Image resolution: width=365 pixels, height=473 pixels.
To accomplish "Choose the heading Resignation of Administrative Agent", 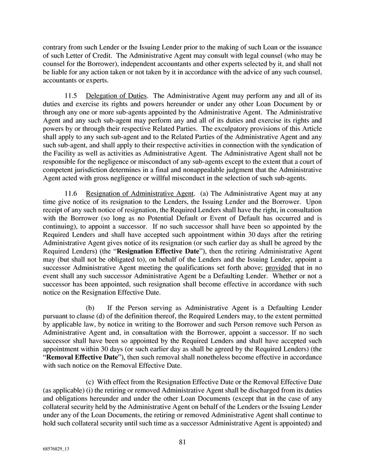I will (140, 193).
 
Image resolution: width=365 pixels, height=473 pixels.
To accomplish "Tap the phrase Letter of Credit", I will (75, 56).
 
